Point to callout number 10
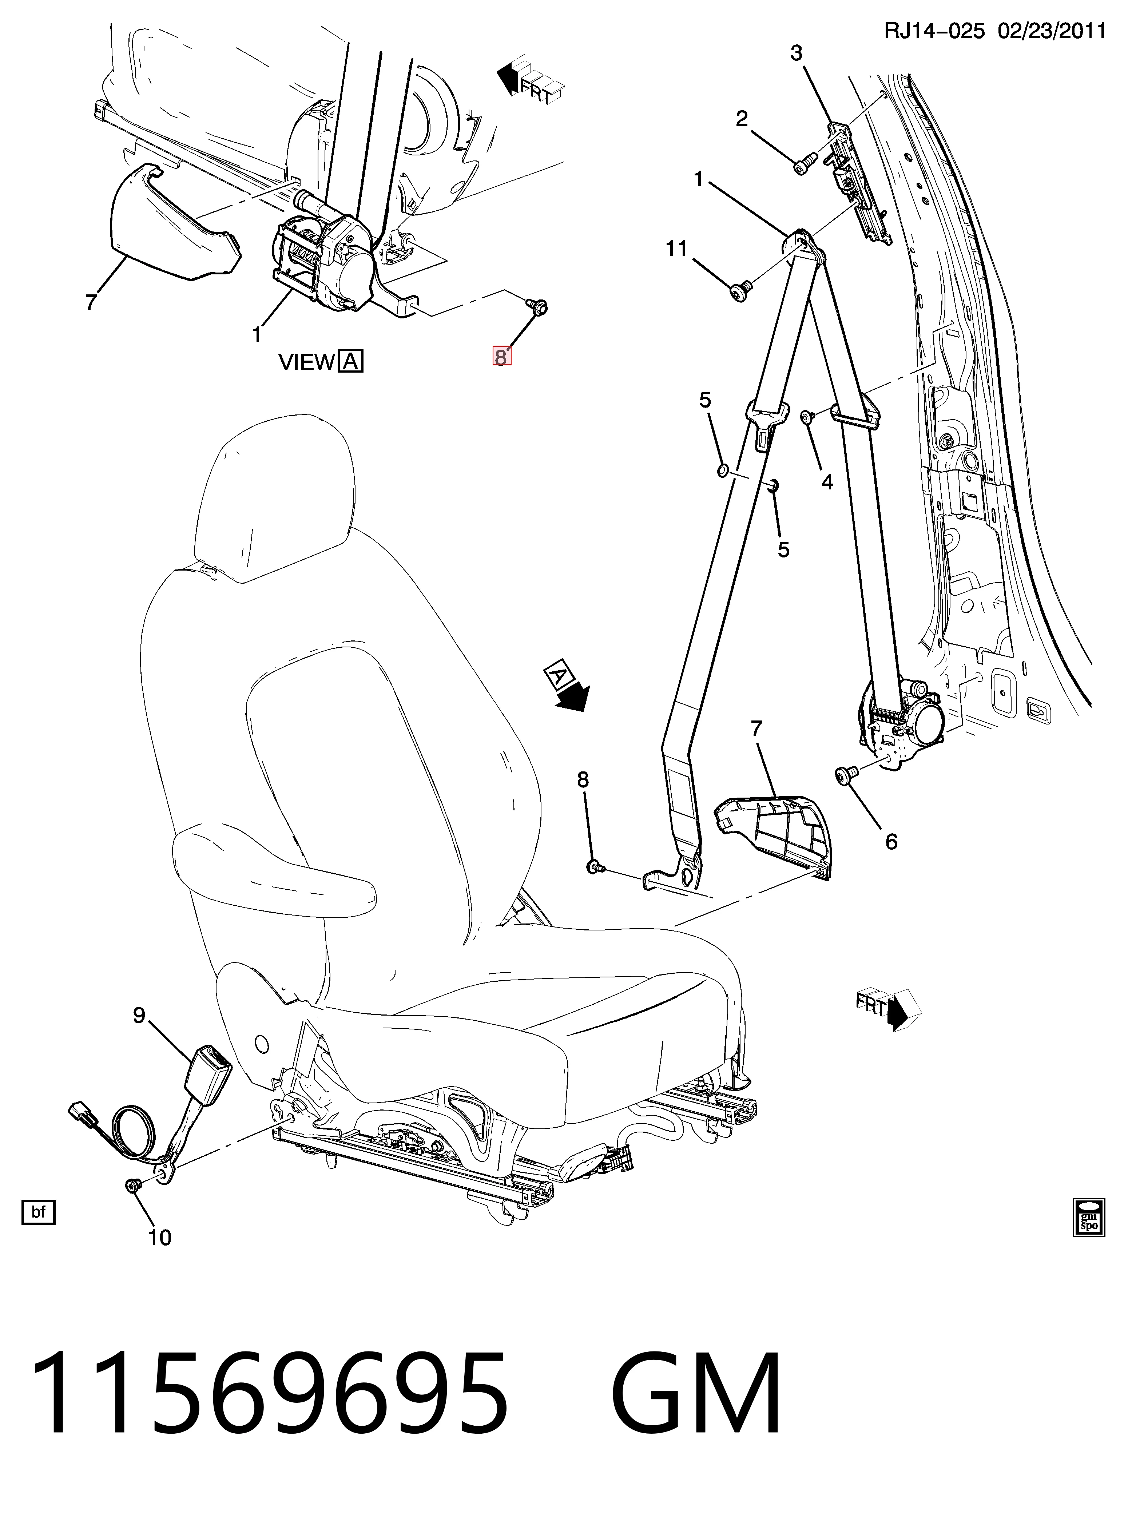160,1237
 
